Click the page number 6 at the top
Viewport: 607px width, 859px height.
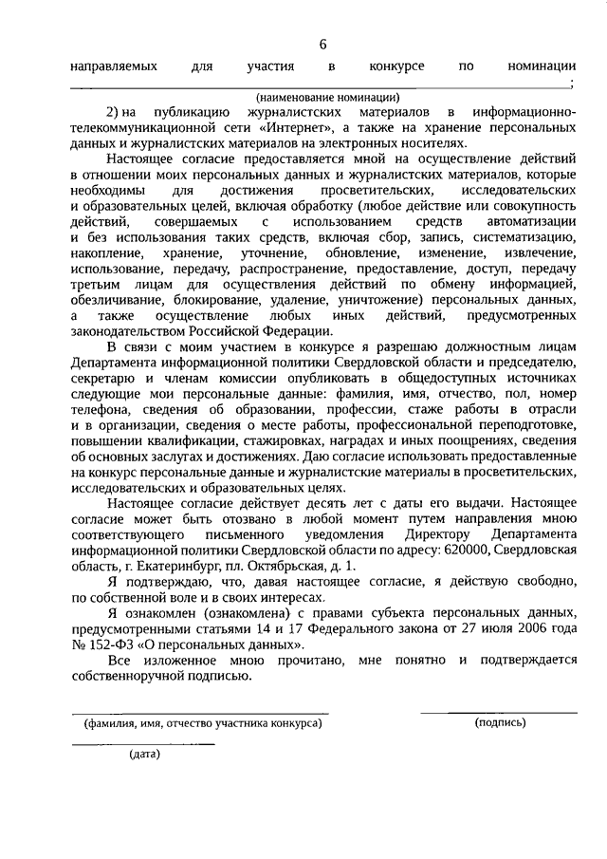pos(322,44)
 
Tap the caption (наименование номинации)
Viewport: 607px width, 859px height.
pos(326,97)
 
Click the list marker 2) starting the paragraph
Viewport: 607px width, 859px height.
pos(113,112)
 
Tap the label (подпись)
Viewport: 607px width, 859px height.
pos(500,723)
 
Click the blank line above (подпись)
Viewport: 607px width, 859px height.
pos(499,712)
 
